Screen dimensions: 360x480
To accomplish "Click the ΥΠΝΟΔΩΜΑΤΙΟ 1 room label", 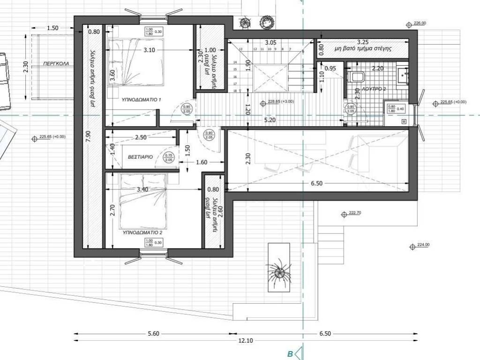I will click(141, 100).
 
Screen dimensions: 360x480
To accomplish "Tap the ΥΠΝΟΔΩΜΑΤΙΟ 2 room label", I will click(142, 232).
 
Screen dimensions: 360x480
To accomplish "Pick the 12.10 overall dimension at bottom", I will click(245, 341).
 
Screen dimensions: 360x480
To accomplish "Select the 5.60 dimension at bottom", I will click(153, 334).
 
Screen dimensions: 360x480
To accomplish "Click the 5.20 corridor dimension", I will click(270, 120).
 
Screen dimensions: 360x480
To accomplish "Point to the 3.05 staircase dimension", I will click(270, 43).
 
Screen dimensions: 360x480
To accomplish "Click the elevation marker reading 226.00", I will click(419, 23).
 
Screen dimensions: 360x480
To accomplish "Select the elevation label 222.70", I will click(355, 213).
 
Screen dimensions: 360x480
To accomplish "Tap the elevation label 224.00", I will click(423, 245).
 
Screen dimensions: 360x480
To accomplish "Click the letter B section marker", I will click(290, 354).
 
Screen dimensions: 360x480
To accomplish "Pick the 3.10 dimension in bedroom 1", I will click(150, 50).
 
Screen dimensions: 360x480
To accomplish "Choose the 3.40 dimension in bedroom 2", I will click(142, 189).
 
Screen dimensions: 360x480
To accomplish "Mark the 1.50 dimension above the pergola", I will click(53, 28).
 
